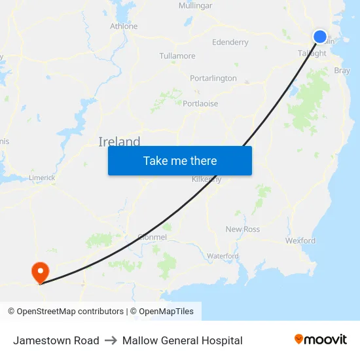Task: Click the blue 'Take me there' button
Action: pos(179,160)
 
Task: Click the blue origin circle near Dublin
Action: pos(320,37)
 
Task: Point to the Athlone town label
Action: pos(124,26)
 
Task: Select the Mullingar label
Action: pos(195,6)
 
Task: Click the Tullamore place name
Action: pos(177,56)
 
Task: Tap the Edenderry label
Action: pos(230,43)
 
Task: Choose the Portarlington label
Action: pos(213,79)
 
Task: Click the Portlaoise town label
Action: pos(200,103)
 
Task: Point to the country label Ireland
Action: pos(119,141)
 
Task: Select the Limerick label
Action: pos(42,177)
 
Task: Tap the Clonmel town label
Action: pos(152,237)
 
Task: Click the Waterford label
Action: pos(223,256)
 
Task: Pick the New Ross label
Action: pos(242,229)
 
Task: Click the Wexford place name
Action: pos(300,240)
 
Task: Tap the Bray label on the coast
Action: pos(342,71)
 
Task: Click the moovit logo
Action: pos(321,339)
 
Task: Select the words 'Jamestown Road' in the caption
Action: pos(56,340)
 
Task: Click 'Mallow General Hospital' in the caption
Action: pos(182,340)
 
